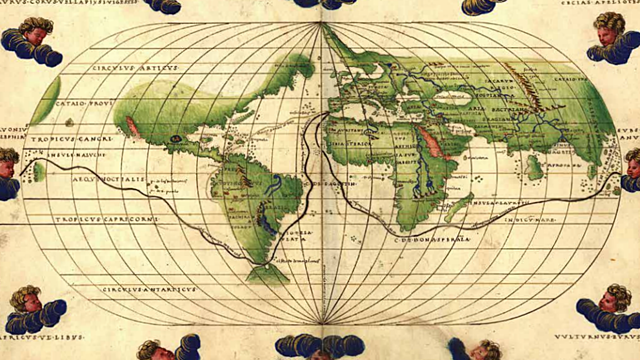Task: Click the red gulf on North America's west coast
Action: pos(131,127)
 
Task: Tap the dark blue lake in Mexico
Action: pos(176,137)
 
